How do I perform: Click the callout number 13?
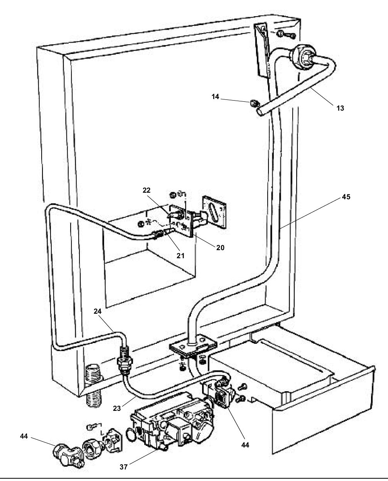click(340, 108)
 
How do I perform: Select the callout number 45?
click(346, 197)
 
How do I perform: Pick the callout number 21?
click(181, 255)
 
